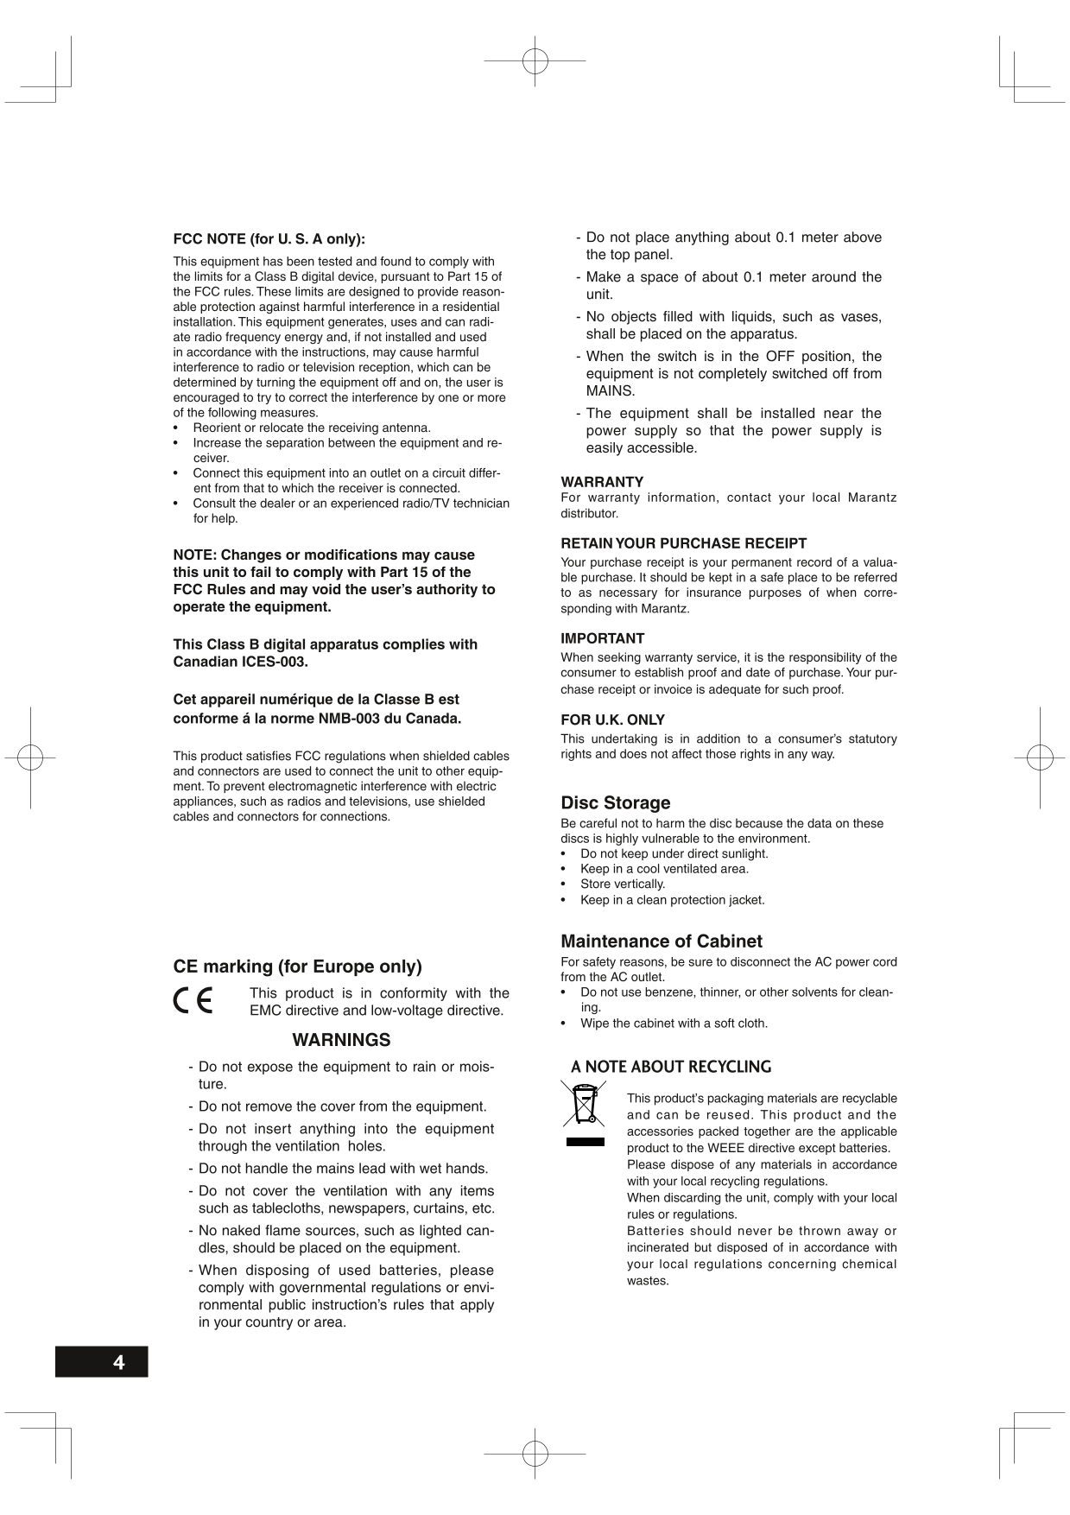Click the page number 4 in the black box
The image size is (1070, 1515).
click(x=118, y=1362)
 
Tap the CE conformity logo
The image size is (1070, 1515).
click(x=193, y=1000)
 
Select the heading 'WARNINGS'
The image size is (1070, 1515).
click(x=341, y=1040)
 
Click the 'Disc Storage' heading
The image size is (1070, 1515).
click(x=615, y=802)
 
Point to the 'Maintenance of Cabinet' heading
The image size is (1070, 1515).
click(x=661, y=941)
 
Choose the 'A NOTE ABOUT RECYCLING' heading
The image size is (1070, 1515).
click(x=671, y=1067)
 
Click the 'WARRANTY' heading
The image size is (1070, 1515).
click(x=602, y=481)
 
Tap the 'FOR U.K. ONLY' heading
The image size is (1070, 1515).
click(x=612, y=719)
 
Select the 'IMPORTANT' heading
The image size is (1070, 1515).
click(x=602, y=638)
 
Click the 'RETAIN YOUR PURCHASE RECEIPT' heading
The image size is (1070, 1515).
click(x=683, y=543)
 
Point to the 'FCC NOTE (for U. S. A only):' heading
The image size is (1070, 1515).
click(x=269, y=238)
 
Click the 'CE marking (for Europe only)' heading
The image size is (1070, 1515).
click(x=297, y=966)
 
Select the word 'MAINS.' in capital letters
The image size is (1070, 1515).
click(x=610, y=390)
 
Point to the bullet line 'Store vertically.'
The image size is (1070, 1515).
click(x=622, y=884)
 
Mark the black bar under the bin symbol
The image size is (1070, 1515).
click(x=585, y=1141)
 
